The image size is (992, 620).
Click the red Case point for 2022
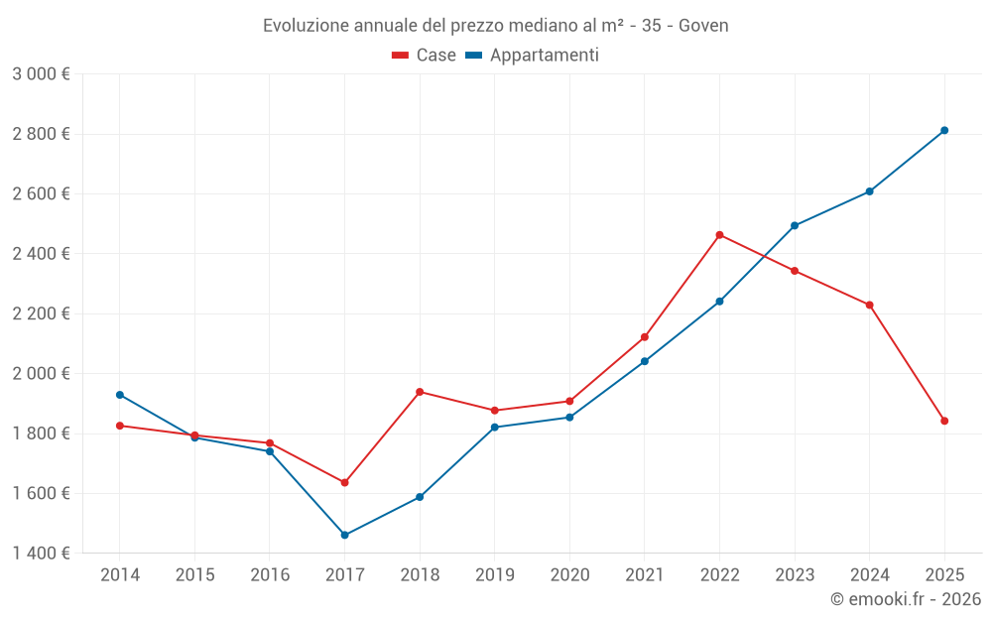(x=719, y=235)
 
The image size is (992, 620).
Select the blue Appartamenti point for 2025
(x=944, y=130)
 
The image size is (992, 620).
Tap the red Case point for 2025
(x=944, y=421)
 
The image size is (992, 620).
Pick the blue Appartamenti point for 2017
(x=345, y=535)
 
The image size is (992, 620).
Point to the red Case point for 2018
(x=420, y=392)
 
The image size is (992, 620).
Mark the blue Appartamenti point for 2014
(x=120, y=395)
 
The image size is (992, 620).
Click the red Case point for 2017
(x=345, y=482)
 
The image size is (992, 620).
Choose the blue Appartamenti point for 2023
(x=795, y=225)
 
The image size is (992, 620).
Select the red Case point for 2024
(x=870, y=305)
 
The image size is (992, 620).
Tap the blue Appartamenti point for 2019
(x=495, y=428)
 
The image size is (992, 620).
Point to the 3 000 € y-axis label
(x=41, y=74)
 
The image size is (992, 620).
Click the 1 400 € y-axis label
(x=41, y=554)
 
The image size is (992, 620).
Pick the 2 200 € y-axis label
(x=41, y=313)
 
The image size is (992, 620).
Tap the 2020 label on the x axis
(x=569, y=575)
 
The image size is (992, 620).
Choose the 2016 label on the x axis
(x=270, y=575)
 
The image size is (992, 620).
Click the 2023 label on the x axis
(x=795, y=575)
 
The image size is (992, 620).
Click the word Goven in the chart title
(x=703, y=26)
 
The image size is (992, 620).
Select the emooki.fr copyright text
(x=906, y=599)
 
